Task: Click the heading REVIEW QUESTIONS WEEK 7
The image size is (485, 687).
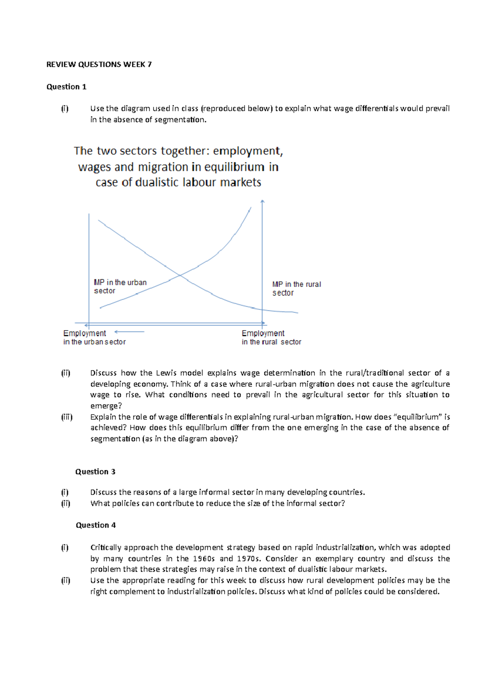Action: coord(99,64)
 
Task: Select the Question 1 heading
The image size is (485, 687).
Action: coord(66,87)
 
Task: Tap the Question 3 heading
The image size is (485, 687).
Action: coord(95,471)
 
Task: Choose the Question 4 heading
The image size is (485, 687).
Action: coord(96,525)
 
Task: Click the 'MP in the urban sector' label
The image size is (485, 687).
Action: coord(120,286)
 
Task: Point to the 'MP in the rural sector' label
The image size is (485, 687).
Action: coord(296,288)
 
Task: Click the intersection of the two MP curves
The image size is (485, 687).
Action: coord(179,276)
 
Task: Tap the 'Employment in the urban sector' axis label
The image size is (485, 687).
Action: coord(94,337)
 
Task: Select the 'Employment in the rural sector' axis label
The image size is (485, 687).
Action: coord(271,337)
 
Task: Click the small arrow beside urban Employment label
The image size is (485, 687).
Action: coord(129,332)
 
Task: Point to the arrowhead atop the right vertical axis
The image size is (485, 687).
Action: coord(262,201)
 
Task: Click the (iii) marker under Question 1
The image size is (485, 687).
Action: coord(67,417)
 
